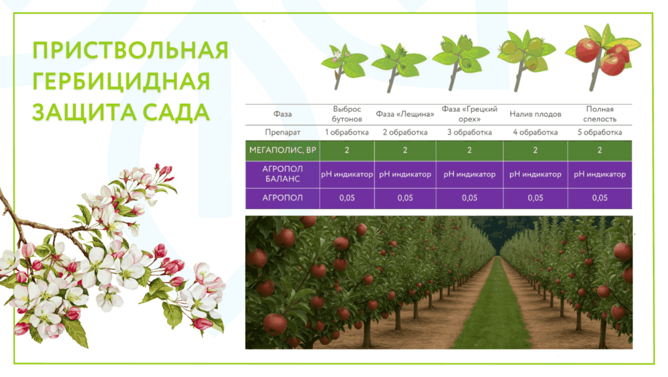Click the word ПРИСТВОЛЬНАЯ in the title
click(x=130, y=51)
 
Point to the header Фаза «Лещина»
click(x=405, y=114)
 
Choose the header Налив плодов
click(x=535, y=114)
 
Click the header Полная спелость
click(x=600, y=114)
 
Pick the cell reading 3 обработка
click(x=469, y=132)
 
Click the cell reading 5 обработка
click(x=600, y=132)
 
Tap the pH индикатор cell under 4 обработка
click(x=535, y=174)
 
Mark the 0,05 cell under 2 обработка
click(x=405, y=198)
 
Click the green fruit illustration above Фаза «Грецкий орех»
click(x=457, y=56)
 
